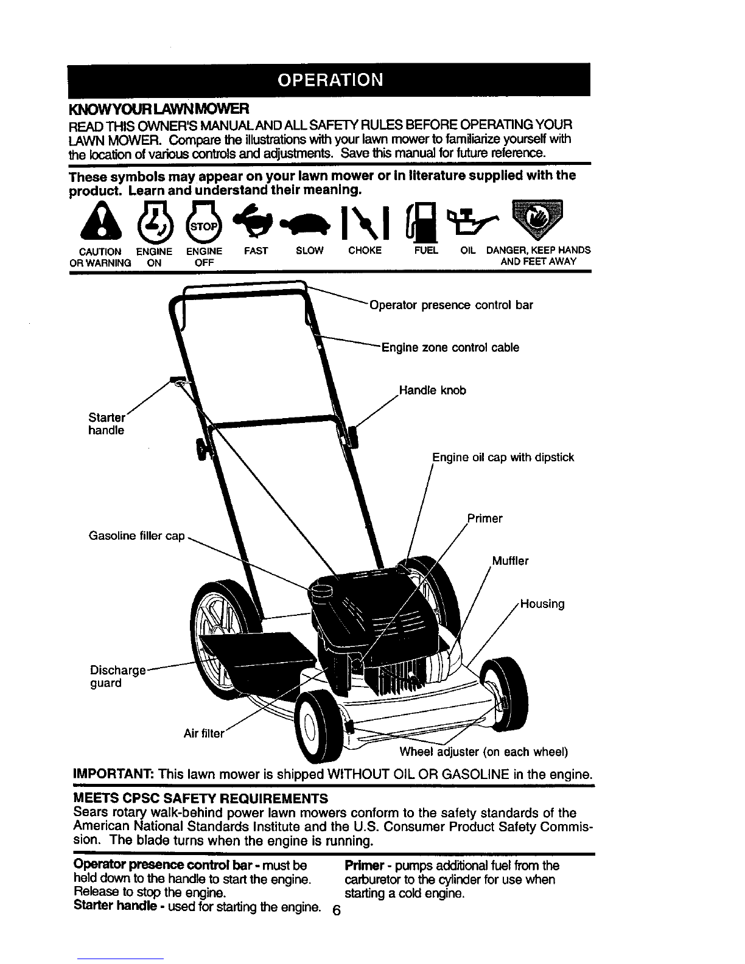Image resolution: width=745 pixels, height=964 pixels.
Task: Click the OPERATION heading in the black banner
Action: pos(330,80)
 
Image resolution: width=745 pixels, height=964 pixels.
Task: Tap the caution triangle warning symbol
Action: pos(101,220)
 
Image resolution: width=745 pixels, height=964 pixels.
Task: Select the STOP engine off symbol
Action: pos(203,221)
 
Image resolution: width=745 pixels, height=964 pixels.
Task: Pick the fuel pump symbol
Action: pos(422,222)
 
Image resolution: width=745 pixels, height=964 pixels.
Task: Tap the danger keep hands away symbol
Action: pos(537,218)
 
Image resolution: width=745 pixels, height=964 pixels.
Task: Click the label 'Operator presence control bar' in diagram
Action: pos(451,306)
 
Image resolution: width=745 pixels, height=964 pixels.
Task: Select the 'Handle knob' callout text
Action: pos(433,390)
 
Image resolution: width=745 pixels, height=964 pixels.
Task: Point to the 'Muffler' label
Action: pos(510,561)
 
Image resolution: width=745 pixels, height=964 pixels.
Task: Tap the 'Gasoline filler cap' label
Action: pos(137,536)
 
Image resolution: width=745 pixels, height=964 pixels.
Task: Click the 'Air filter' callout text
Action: pos(204,733)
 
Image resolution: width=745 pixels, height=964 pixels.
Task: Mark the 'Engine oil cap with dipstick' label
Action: pos(503,458)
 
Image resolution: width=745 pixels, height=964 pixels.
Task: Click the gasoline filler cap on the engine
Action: pos(321,592)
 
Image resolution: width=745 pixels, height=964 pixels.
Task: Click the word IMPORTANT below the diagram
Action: pos(114,775)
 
